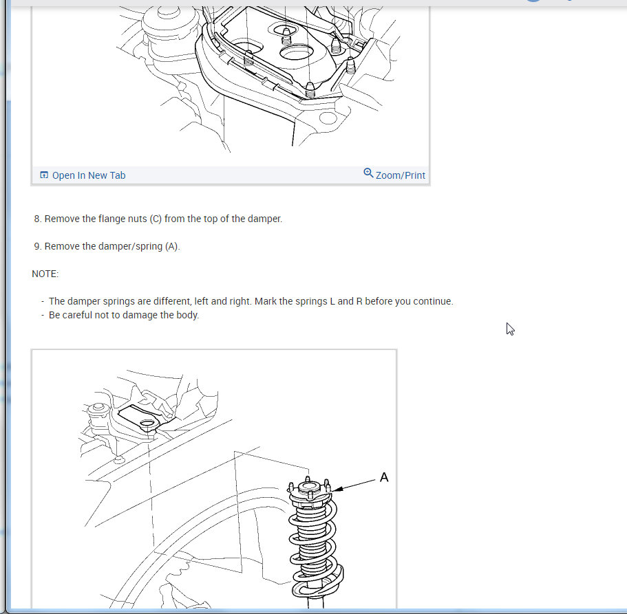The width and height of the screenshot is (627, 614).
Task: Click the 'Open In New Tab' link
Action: [88, 175]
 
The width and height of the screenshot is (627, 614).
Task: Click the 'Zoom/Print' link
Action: [401, 175]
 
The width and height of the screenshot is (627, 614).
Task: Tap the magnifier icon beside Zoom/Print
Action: [368, 173]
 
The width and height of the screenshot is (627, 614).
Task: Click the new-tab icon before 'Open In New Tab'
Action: [44, 175]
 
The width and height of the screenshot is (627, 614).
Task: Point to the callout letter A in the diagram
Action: [384, 477]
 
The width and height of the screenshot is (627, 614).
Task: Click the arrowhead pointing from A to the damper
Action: [337, 489]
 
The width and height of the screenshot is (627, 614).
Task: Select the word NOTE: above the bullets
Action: [45, 274]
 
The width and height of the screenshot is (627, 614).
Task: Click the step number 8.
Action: [38, 219]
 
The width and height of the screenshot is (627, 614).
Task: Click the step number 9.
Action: [38, 246]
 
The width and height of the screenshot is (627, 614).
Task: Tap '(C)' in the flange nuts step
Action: [156, 219]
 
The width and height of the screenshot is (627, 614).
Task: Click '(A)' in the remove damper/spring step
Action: [172, 246]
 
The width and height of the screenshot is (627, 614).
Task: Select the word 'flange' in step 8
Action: [96, 219]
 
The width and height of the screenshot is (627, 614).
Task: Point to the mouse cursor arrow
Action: [510, 329]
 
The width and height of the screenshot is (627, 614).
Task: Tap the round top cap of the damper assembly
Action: [307, 487]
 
